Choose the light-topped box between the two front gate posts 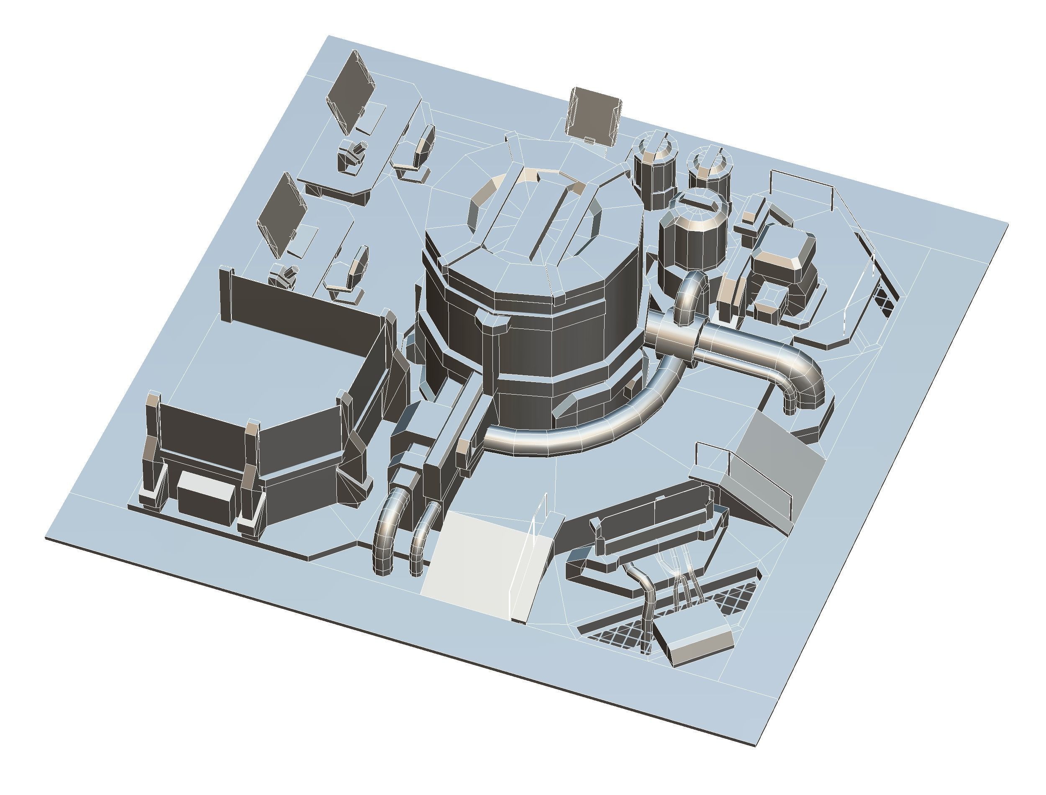point(204,495)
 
